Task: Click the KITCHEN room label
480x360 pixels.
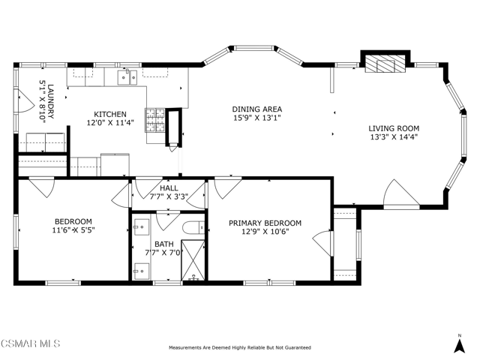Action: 110,114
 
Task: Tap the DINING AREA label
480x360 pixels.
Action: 256,109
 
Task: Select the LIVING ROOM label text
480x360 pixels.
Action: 394,128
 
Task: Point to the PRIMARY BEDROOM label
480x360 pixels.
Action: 265,223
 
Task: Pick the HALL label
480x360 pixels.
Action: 169,188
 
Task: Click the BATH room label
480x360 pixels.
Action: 164,244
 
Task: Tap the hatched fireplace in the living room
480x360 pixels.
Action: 385,64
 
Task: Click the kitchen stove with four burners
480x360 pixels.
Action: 155,120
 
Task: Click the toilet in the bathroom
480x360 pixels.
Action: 193,227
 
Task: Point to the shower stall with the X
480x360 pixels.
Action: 193,260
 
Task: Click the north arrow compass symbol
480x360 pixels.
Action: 459,344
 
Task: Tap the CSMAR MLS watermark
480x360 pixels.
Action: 31,343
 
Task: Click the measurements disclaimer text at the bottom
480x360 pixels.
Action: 240,347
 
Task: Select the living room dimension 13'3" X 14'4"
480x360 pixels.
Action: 394,136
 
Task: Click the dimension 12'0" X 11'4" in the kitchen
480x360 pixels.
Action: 110,122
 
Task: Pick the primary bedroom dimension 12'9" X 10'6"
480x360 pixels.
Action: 265,232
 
